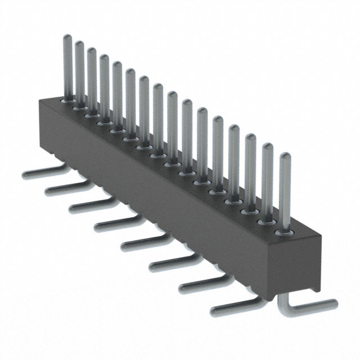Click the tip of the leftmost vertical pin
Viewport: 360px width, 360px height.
(x=66, y=38)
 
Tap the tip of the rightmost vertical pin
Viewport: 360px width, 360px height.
(x=285, y=156)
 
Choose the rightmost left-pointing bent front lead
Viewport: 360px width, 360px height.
(x=231, y=307)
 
